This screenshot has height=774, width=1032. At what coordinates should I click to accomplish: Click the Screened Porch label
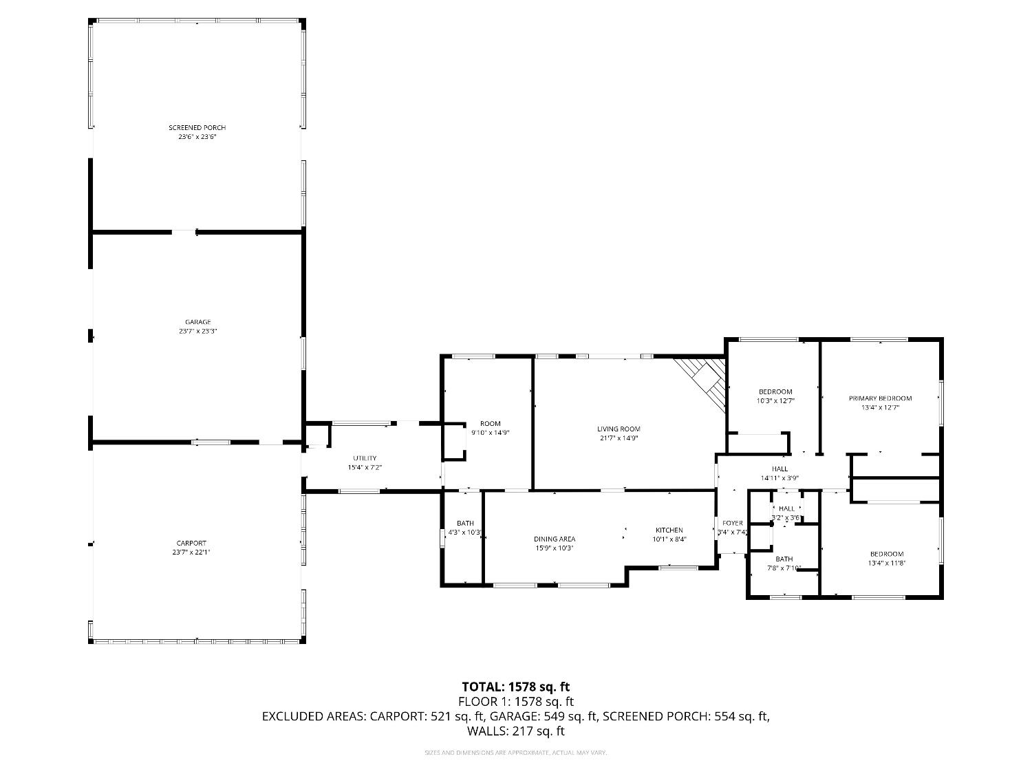pos(197,128)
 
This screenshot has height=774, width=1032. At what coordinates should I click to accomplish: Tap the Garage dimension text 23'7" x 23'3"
pos(197,332)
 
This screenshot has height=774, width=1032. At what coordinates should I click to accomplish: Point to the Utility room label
pos(365,458)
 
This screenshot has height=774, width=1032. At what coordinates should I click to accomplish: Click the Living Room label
pos(619,429)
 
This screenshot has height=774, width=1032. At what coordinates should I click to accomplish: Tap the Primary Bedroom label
pos(880,398)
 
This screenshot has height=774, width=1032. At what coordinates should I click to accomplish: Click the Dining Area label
pos(555,539)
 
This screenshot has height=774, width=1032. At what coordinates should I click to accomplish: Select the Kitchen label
pos(669,530)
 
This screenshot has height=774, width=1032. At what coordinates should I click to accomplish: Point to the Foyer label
pos(732,524)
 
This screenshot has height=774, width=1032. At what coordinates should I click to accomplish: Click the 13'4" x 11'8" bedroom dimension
pos(887,563)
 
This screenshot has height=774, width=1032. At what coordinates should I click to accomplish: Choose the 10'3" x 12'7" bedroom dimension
pos(775,400)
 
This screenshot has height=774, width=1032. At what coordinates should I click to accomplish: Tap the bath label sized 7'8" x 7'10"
pos(784,559)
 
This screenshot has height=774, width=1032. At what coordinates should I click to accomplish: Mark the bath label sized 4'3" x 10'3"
pos(465,524)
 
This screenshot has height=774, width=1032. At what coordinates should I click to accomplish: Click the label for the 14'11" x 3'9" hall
pos(780,469)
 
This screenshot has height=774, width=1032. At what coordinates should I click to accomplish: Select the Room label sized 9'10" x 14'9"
pos(490,424)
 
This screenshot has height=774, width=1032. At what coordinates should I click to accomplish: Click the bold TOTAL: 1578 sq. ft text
pos(515,687)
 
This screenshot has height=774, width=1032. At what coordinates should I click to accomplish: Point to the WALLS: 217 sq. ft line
pos(515,731)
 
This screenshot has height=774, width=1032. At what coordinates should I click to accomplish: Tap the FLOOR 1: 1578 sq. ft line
pos(515,702)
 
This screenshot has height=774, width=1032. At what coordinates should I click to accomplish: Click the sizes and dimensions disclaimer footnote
pos(515,753)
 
